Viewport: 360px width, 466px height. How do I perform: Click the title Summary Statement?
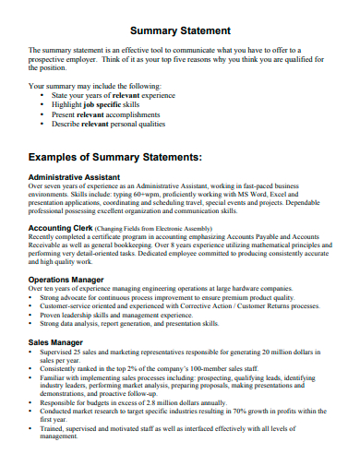tap(180, 30)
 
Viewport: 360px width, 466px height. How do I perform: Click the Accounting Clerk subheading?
tap(60, 227)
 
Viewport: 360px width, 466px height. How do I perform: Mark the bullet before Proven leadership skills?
tap(32, 316)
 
